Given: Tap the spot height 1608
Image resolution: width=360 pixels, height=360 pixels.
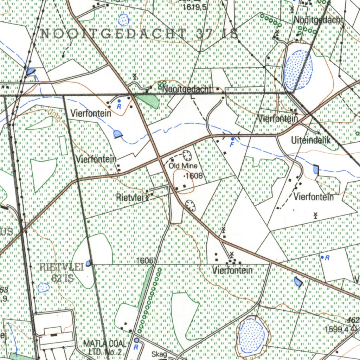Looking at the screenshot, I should click(x=194, y=175).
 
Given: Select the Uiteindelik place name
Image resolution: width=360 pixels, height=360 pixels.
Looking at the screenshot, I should click(x=311, y=141).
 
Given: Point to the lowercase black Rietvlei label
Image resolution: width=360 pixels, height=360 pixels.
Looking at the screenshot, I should click(x=130, y=198).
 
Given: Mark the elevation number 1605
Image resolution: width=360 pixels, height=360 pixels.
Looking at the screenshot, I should click(x=145, y=261).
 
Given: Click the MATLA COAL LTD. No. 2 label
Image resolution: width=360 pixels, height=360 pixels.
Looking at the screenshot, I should click(x=102, y=347).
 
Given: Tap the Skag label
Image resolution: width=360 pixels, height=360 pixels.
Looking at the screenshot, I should click(x=160, y=354).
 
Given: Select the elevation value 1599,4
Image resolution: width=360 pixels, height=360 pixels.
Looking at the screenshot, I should click(x=336, y=329).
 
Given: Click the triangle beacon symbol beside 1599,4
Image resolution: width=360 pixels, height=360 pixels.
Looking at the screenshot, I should click(x=353, y=328).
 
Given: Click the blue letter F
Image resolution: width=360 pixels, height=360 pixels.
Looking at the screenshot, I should click(x=232, y=144).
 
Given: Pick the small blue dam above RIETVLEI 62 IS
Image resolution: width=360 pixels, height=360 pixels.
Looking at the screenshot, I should click(x=88, y=263).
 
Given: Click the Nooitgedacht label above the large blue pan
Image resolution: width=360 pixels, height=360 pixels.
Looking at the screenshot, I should click(x=318, y=20).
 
